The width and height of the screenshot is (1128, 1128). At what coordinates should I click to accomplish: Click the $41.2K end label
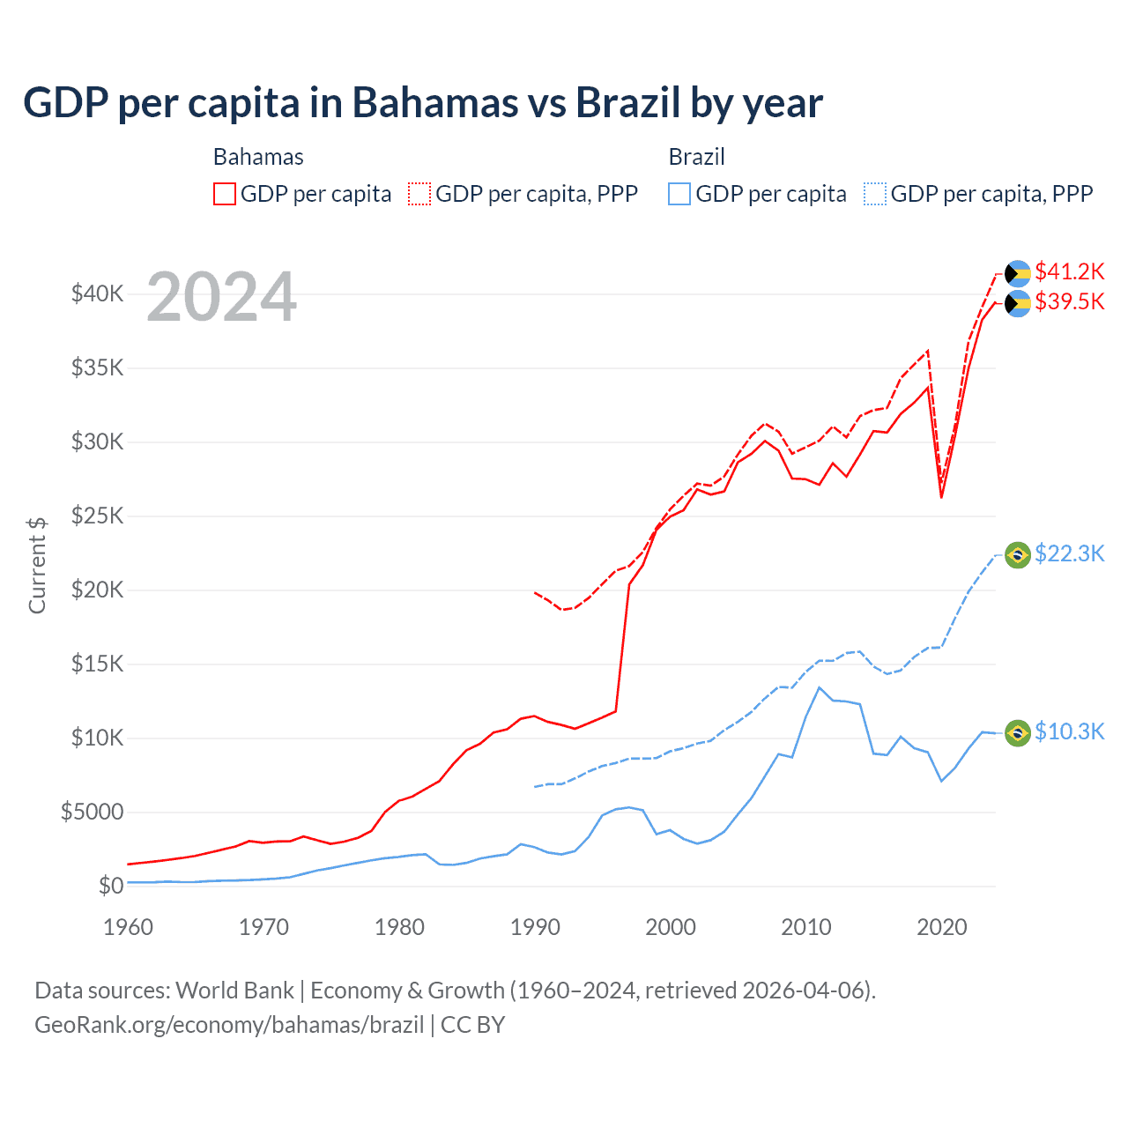click(1069, 271)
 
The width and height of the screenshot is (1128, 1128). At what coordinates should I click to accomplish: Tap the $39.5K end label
click(1069, 301)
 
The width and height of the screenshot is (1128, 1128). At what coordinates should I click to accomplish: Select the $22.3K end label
click(1069, 553)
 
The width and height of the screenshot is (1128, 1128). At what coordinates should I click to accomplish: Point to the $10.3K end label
click(1069, 731)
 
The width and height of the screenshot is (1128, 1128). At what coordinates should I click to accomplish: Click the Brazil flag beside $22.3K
click(1018, 555)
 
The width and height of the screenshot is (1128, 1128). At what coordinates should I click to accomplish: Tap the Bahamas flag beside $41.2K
click(1018, 273)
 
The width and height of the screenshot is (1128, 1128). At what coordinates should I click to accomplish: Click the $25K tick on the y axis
click(97, 516)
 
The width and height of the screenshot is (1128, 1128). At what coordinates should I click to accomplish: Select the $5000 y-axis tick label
click(92, 812)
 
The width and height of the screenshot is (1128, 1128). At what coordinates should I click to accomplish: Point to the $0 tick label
click(110, 886)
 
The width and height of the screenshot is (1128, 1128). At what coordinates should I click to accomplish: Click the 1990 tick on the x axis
click(535, 927)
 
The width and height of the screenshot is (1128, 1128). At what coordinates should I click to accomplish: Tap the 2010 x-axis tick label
click(806, 927)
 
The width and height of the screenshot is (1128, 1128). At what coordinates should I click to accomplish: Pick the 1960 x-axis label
click(128, 927)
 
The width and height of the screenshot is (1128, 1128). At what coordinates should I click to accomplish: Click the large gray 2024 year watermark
click(221, 297)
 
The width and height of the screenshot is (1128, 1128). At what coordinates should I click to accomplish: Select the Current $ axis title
click(37, 566)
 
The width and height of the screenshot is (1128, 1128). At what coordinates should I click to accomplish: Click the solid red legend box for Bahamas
click(225, 194)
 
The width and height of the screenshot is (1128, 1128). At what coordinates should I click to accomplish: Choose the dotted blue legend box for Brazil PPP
click(875, 194)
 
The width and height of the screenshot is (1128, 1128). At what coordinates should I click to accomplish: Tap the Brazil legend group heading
click(696, 157)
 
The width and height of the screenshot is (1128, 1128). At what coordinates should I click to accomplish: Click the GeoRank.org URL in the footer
click(229, 1025)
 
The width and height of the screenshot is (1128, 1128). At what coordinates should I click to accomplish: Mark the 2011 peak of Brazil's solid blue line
click(820, 687)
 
